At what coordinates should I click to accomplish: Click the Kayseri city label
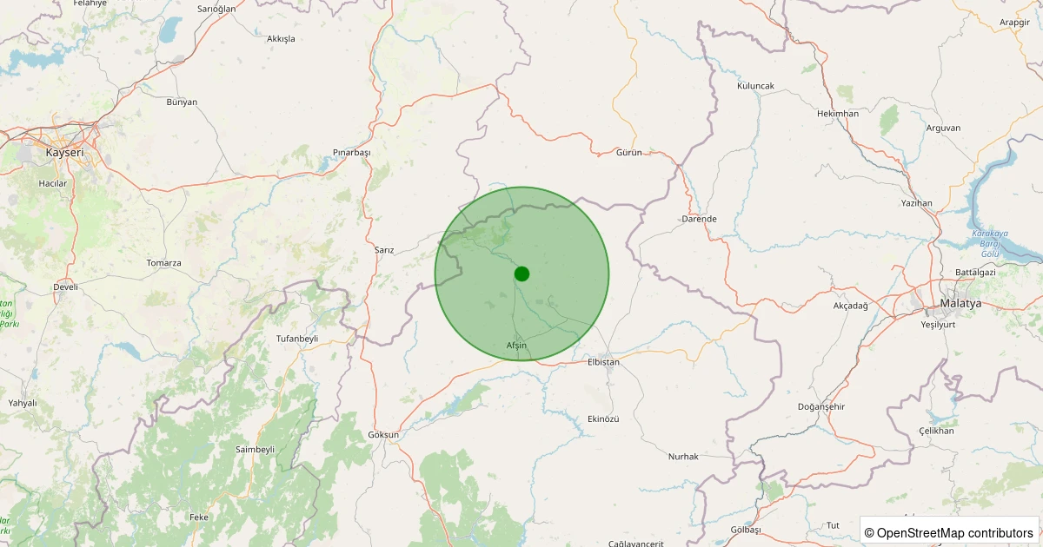point(65,153)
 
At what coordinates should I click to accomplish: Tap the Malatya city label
point(960,303)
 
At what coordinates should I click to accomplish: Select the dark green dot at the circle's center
point(521,273)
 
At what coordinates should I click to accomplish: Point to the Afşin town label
point(516,346)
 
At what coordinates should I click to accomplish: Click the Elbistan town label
point(603,361)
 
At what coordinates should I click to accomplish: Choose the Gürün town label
point(628,152)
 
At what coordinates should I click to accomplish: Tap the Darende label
point(699,219)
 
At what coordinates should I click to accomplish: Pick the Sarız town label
point(384,249)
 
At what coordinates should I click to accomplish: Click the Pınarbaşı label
point(351,152)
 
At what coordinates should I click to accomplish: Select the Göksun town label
point(383,434)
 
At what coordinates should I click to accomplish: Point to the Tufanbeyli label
point(296,338)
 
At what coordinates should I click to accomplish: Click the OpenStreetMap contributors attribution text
point(948,532)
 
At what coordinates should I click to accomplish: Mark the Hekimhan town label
point(838,114)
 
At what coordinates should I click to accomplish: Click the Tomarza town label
point(163,262)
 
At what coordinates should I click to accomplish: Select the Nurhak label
point(683,456)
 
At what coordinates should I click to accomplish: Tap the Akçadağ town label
point(850,306)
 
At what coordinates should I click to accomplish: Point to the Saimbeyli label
point(255,449)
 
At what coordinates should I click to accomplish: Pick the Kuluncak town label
point(754,86)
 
